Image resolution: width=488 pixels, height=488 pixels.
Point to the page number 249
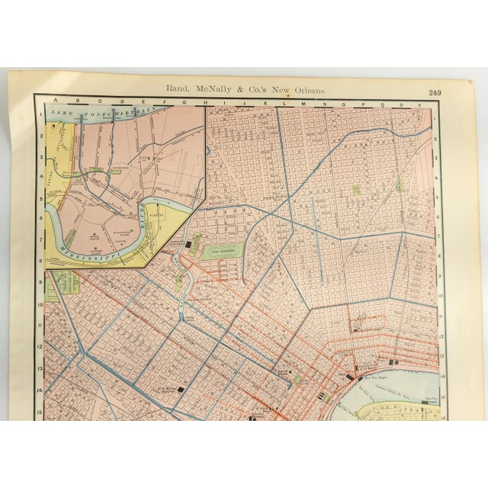(x=435, y=92)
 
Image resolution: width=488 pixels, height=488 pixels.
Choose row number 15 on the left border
(x=39, y=412)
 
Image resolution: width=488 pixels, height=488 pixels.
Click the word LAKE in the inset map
(x=60, y=115)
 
